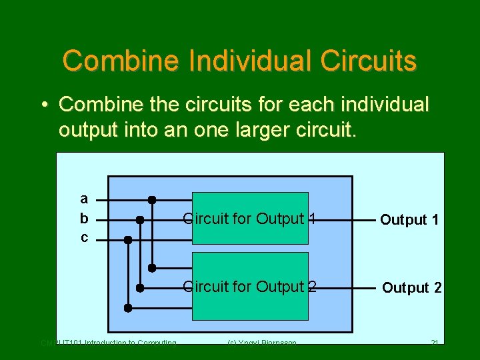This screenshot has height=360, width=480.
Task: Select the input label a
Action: click(84, 199)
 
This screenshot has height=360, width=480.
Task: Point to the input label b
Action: click(84, 218)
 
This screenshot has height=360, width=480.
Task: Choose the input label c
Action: click(84, 237)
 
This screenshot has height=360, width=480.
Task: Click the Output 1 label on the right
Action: click(409, 219)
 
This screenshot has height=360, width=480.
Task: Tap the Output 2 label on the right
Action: click(411, 287)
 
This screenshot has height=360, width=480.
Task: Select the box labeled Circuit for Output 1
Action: click(250, 218)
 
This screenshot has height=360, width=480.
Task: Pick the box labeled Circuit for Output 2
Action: click(250, 286)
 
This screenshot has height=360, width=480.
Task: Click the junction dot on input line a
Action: click(152, 199)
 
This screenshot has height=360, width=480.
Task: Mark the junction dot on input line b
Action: click(140, 219)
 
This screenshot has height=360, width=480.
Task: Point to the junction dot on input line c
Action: click(128, 238)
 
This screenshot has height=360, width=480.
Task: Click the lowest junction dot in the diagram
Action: click(128, 308)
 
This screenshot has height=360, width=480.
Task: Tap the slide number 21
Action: click(434, 343)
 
